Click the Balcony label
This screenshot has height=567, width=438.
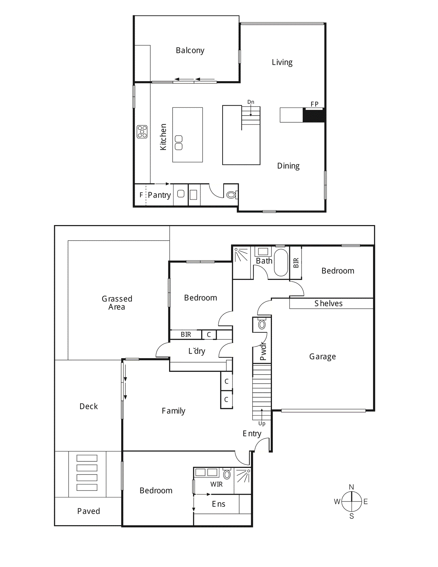pos(190,50)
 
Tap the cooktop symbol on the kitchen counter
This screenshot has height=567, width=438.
pos(142,131)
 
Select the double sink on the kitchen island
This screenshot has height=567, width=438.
pos(179,142)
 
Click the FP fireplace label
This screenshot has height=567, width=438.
pos(314,104)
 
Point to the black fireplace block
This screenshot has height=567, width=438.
pos(314,116)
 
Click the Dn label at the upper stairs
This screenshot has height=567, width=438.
pos(251,102)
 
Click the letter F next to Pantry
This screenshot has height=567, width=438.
pos(141,195)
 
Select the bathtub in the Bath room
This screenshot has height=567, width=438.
pos(281,262)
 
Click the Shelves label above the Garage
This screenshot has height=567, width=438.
pos(328,303)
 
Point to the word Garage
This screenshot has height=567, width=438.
pos(322,357)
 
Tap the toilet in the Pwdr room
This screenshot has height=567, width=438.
pos(262,324)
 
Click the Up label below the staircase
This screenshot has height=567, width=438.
pos(262,423)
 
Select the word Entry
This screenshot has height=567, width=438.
pos(252,433)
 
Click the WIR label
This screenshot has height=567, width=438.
pos(217,484)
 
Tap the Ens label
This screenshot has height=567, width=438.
pos(218,504)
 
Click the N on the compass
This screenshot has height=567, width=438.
pos(352,487)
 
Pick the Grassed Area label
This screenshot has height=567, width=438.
pos(117,303)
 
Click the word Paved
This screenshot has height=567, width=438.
pos(89,511)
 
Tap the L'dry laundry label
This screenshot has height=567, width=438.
pos(197,351)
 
